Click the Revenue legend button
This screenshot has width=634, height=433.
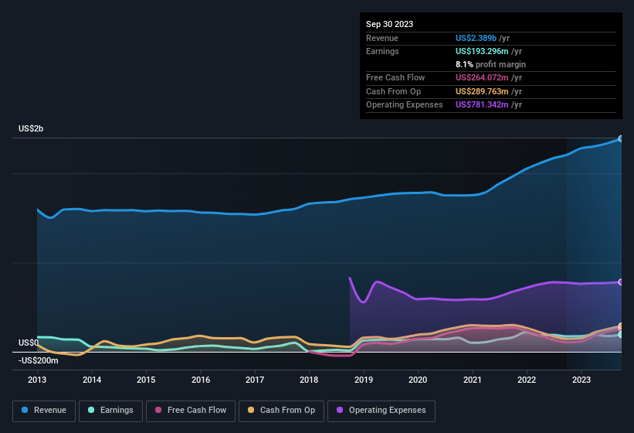[45, 411]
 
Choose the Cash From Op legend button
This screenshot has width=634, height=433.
[282, 411]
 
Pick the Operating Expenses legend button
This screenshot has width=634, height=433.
[381, 411]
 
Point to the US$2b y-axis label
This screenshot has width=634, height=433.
[31, 129]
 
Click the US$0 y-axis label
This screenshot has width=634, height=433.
[29, 343]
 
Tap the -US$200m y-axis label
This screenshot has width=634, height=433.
[39, 360]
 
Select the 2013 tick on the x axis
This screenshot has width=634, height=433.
[38, 380]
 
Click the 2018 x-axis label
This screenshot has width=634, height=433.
[309, 380]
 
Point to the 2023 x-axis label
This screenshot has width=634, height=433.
[581, 380]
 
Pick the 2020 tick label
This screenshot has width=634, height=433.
[418, 380]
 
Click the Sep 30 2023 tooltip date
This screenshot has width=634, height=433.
[389, 24]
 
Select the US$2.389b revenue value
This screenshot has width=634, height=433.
[476, 38]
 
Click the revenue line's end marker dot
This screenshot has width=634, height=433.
[621, 138]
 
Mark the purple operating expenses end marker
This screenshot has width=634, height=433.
[621, 282]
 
